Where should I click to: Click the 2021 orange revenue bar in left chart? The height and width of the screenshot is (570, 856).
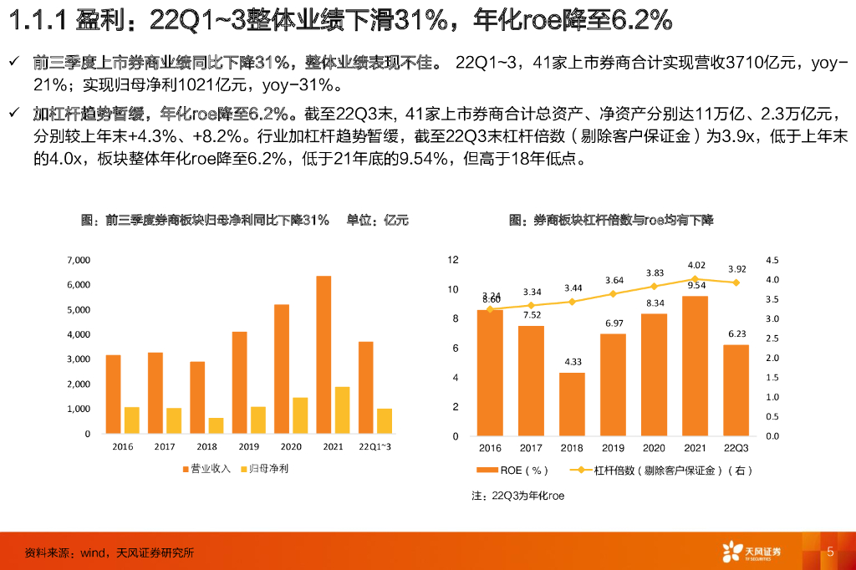click(323, 354)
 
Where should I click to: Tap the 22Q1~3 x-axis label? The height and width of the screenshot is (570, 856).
click(374, 447)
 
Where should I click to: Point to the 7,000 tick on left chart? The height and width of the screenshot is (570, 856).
click(79, 261)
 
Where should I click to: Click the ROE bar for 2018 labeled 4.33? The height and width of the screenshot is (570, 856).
click(572, 404)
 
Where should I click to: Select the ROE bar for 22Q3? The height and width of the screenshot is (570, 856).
click(736, 389)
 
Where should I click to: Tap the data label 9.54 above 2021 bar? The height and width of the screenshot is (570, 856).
click(695, 285)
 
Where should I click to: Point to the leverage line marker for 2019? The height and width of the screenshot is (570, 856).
click(614, 293)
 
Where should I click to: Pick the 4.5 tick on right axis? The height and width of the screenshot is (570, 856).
click(772, 260)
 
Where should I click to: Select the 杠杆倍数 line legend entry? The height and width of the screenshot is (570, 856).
click(660, 471)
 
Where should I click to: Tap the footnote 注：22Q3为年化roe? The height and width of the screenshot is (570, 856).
click(517, 496)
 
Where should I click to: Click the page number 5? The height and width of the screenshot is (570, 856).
click(830, 552)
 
